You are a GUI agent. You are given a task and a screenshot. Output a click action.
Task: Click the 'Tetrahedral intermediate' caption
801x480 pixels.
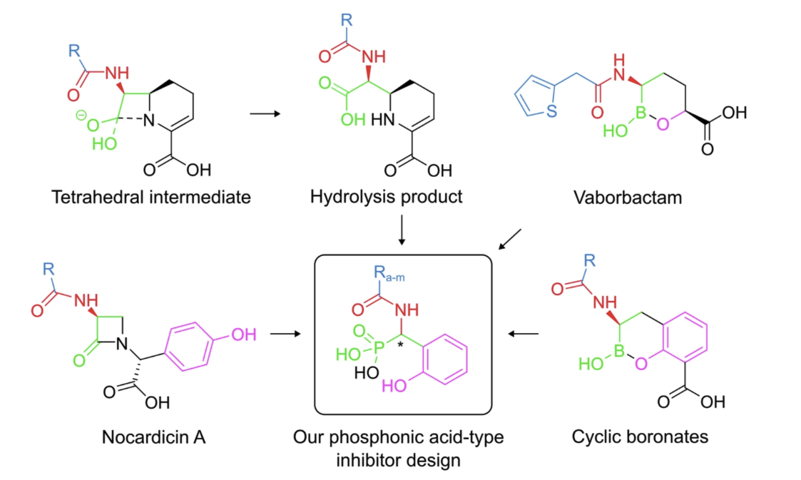(x=151, y=198)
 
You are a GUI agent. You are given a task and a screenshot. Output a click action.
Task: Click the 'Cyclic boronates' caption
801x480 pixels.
(x=640, y=436)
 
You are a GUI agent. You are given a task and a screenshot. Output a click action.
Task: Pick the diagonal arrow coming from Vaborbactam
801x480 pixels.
(x=511, y=240)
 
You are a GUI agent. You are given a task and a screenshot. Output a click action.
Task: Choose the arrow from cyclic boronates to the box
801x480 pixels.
(x=523, y=333)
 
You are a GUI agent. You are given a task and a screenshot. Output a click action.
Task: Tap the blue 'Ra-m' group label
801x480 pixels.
(x=385, y=275)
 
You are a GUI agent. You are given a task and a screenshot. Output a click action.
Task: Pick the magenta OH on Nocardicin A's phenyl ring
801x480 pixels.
(x=243, y=334)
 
